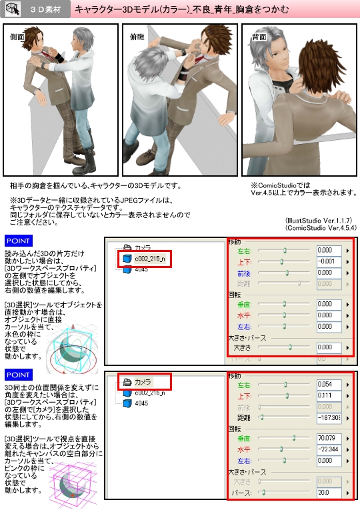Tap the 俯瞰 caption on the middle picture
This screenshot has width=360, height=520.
tap(137, 38)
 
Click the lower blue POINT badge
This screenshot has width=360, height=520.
tap(18, 372)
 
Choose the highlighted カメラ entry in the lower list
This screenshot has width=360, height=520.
tap(143, 382)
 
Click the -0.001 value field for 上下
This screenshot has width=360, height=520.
tap(330, 261)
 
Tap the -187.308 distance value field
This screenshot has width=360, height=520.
tap(330, 417)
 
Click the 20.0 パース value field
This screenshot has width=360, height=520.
tap(330, 493)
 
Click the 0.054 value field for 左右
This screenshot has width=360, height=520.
tap(330, 385)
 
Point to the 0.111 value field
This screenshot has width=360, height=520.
tap(330, 395)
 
